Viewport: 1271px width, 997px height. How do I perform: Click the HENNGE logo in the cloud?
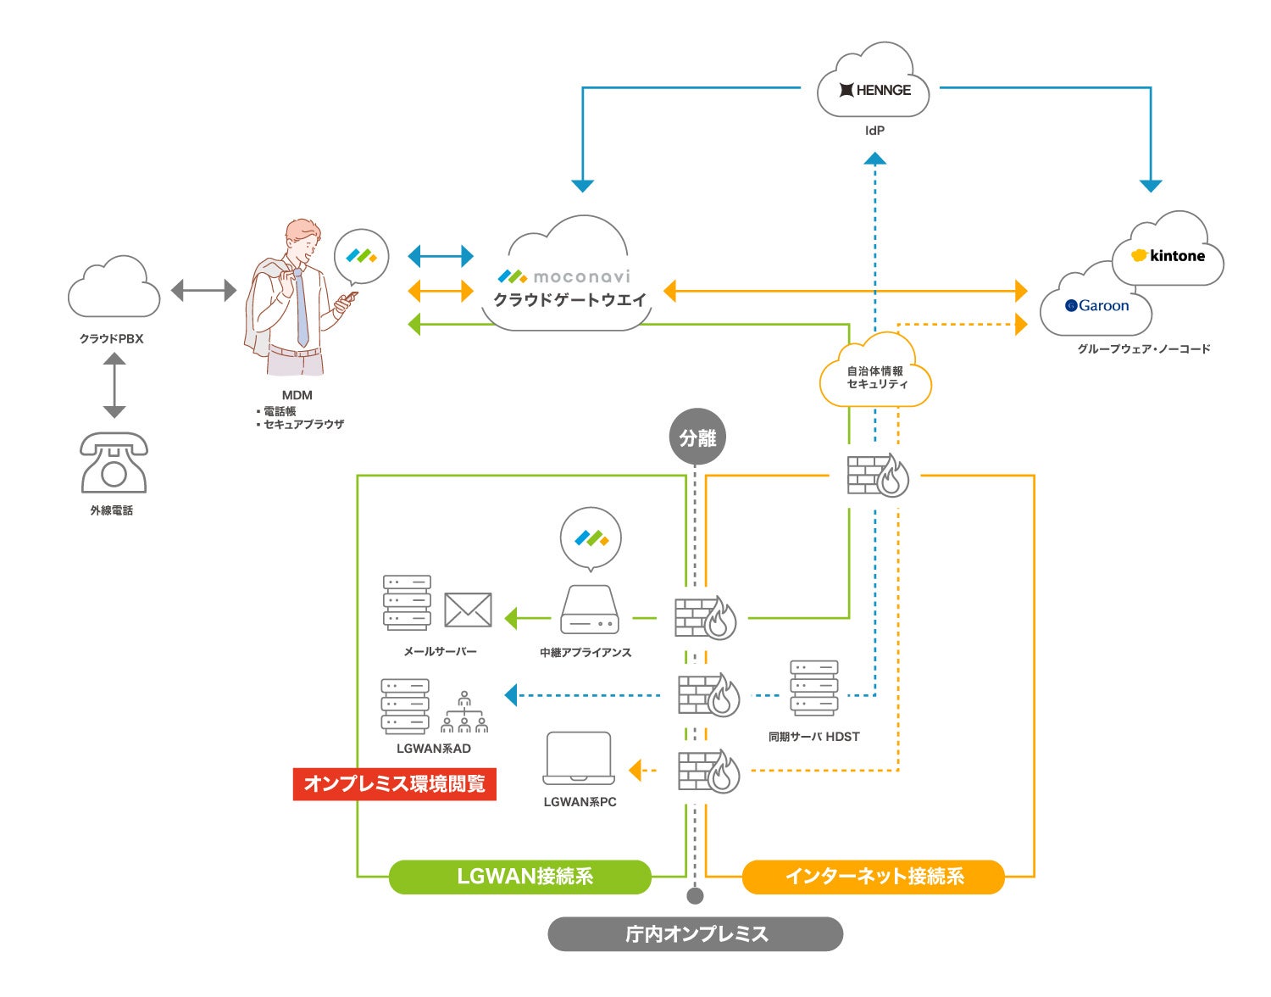tap(874, 90)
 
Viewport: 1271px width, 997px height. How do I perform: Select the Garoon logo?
tap(1097, 305)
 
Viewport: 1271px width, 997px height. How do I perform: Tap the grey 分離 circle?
tap(697, 437)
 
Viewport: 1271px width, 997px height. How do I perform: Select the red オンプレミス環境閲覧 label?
tap(394, 783)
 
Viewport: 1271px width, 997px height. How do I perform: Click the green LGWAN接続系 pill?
tap(519, 877)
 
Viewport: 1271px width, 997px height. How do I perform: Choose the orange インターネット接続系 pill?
tap(873, 877)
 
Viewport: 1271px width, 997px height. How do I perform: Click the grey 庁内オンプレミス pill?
tap(696, 933)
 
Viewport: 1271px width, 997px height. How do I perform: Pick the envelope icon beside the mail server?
tap(468, 610)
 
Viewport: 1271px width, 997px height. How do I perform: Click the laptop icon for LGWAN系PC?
tap(579, 758)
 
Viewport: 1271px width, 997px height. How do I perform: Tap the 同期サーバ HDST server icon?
tap(813, 688)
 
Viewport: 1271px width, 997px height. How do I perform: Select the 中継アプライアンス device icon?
tap(590, 610)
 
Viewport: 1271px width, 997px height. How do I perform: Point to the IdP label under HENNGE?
tap(874, 131)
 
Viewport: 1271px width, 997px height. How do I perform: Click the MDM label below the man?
tap(297, 395)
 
